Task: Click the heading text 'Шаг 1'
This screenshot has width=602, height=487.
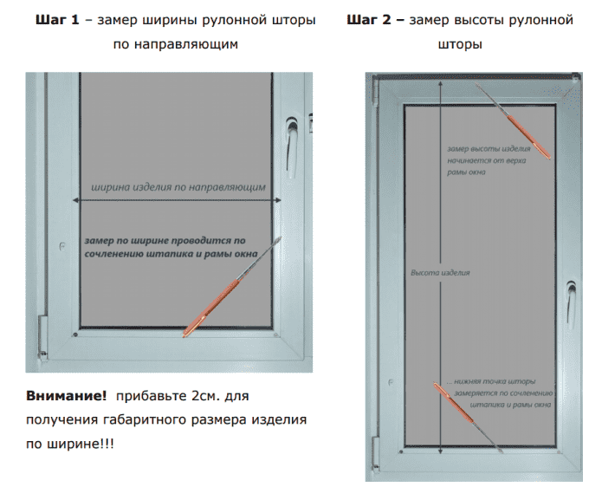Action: tap(58, 19)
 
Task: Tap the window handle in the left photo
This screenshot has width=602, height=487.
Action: tap(291, 138)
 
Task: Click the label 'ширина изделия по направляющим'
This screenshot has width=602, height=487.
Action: tap(178, 186)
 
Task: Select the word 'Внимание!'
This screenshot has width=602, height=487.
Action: tap(68, 395)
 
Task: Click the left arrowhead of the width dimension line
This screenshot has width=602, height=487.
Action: tap(81, 201)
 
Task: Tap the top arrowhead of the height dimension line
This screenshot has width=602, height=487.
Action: tap(441, 85)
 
